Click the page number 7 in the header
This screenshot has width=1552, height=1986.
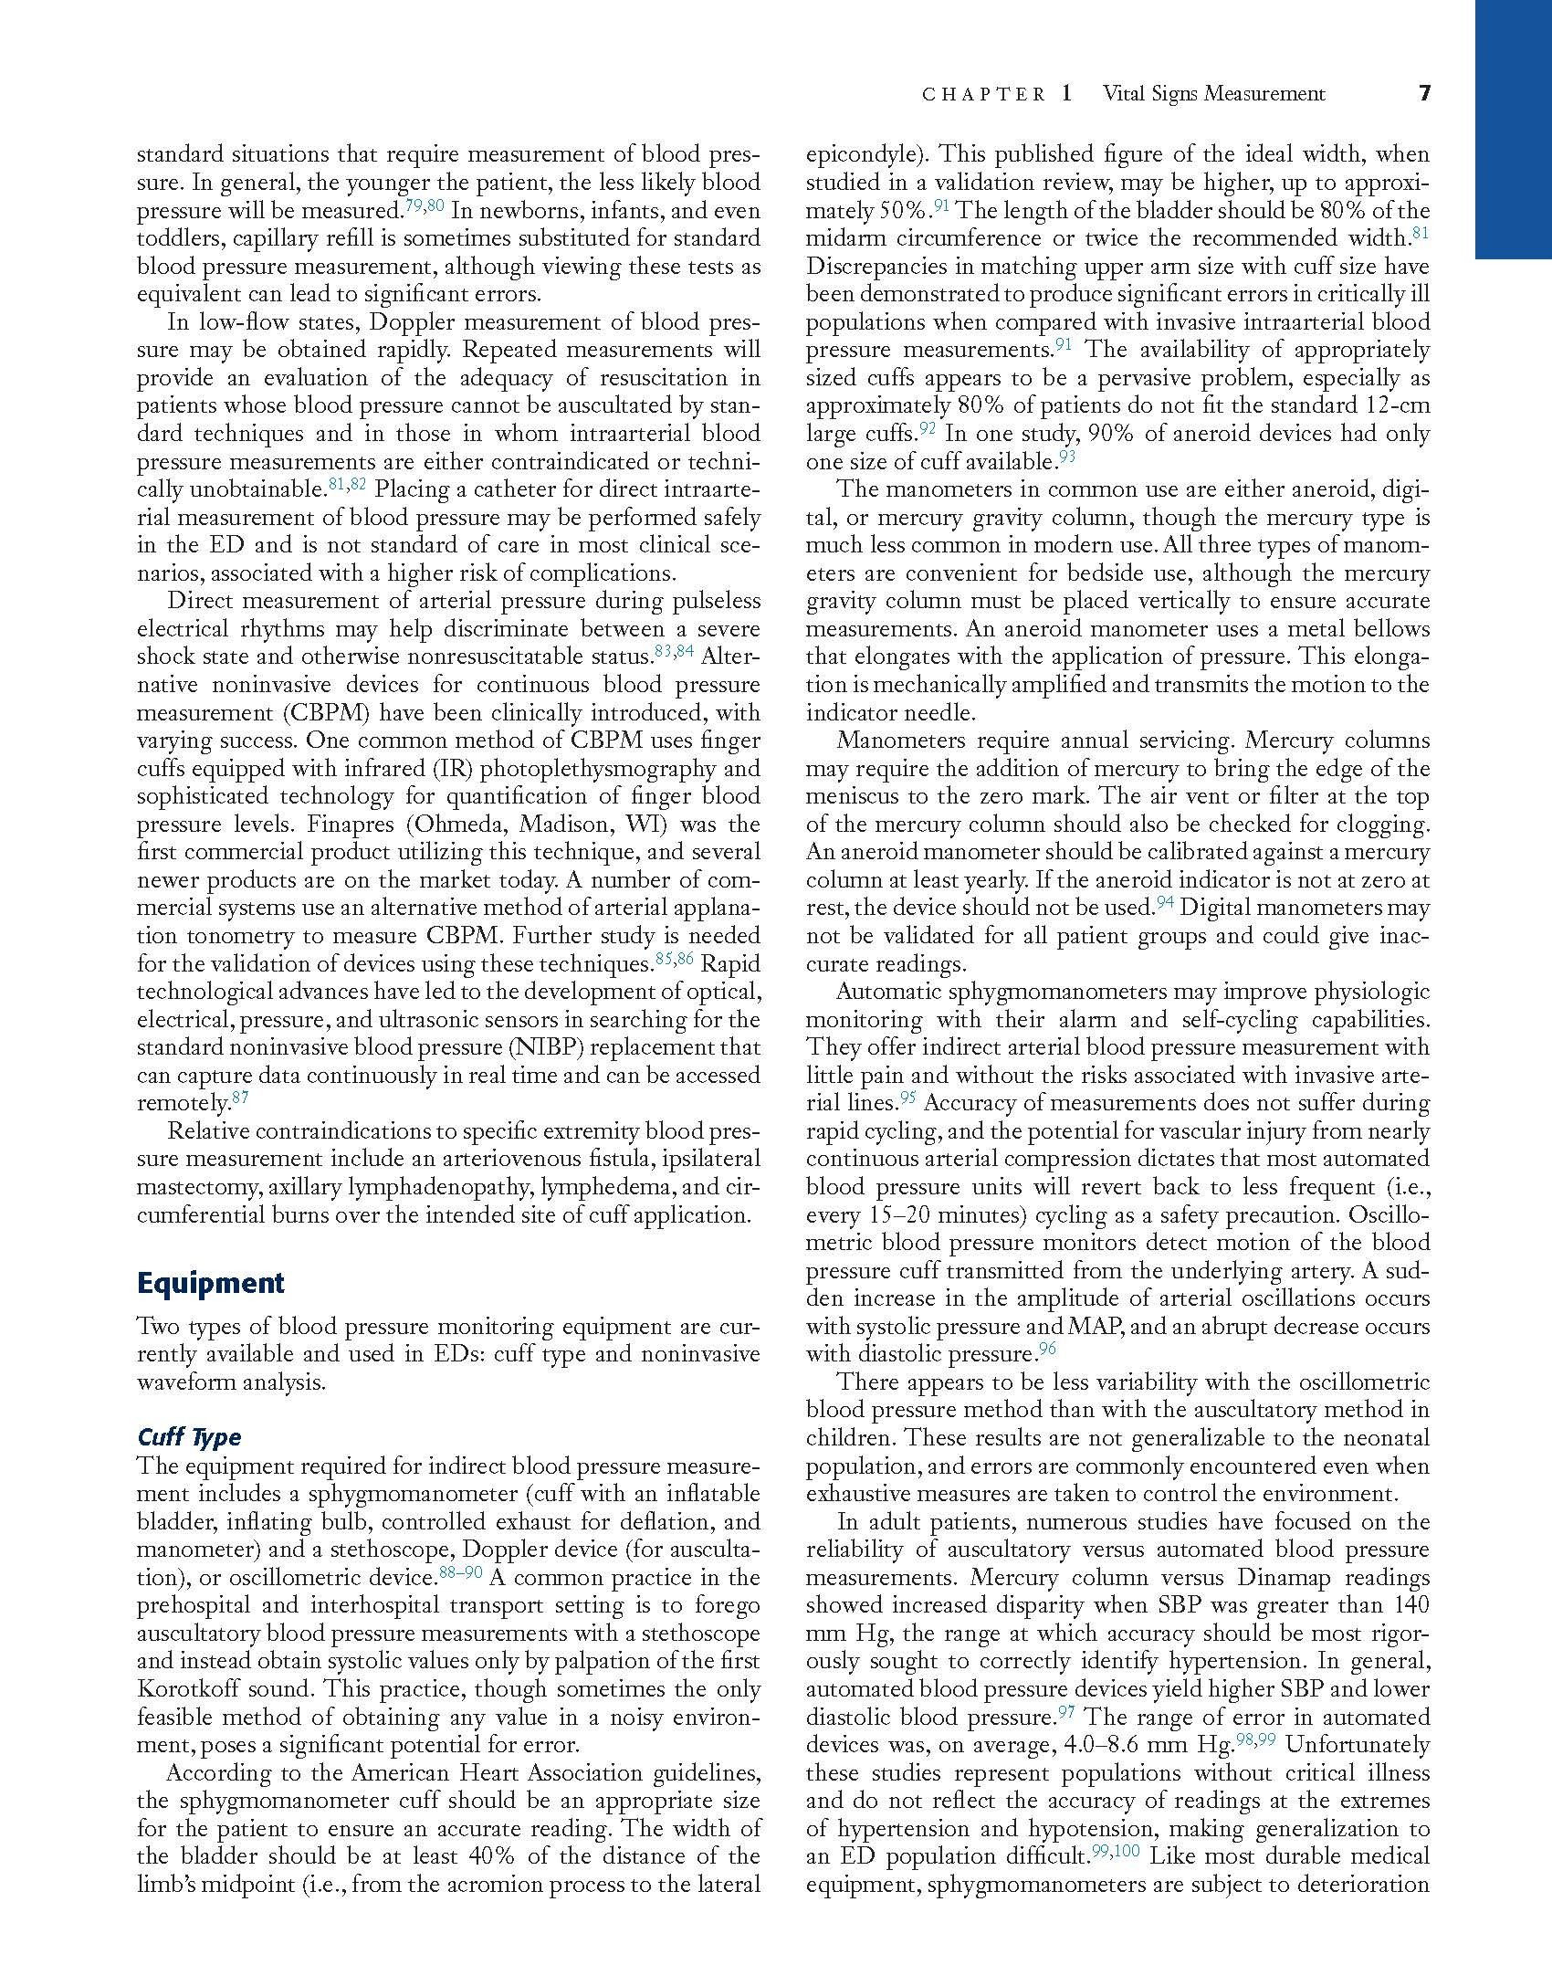click(1423, 93)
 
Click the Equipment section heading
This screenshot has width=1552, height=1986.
click(210, 1283)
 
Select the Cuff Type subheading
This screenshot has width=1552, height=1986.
click(189, 1436)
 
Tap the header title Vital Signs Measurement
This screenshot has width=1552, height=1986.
click(1213, 93)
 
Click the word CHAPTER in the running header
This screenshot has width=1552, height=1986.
click(983, 94)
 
